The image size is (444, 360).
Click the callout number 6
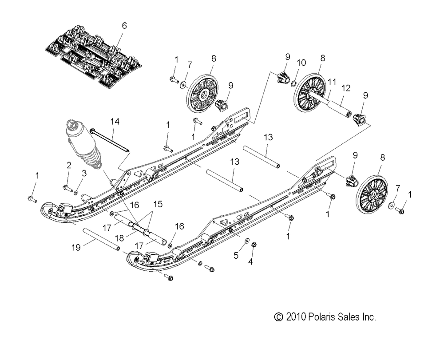pyautogui.click(x=124, y=26)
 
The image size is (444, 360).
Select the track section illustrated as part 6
pyautogui.click(x=93, y=56)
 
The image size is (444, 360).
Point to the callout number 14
pyautogui.click(x=115, y=122)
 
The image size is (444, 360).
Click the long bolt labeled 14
pyautogui.click(x=110, y=140)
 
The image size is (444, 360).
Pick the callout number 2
pyautogui.click(x=69, y=165)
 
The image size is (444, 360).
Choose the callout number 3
pyautogui.click(x=84, y=174)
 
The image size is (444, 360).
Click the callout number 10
pyautogui.click(x=301, y=63)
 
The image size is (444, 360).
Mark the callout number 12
pyautogui.click(x=346, y=88)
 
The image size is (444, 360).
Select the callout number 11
pyautogui.click(x=332, y=82)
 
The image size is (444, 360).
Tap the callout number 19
pyautogui.click(x=76, y=247)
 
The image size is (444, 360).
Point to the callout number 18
pyautogui.click(x=119, y=238)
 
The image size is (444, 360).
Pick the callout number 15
pyautogui.click(x=158, y=204)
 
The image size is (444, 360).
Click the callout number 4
pyautogui.click(x=250, y=262)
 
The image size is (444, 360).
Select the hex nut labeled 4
pyautogui.click(x=254, y=245)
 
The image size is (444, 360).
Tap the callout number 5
pyautogui.click(x=236, y=256)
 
